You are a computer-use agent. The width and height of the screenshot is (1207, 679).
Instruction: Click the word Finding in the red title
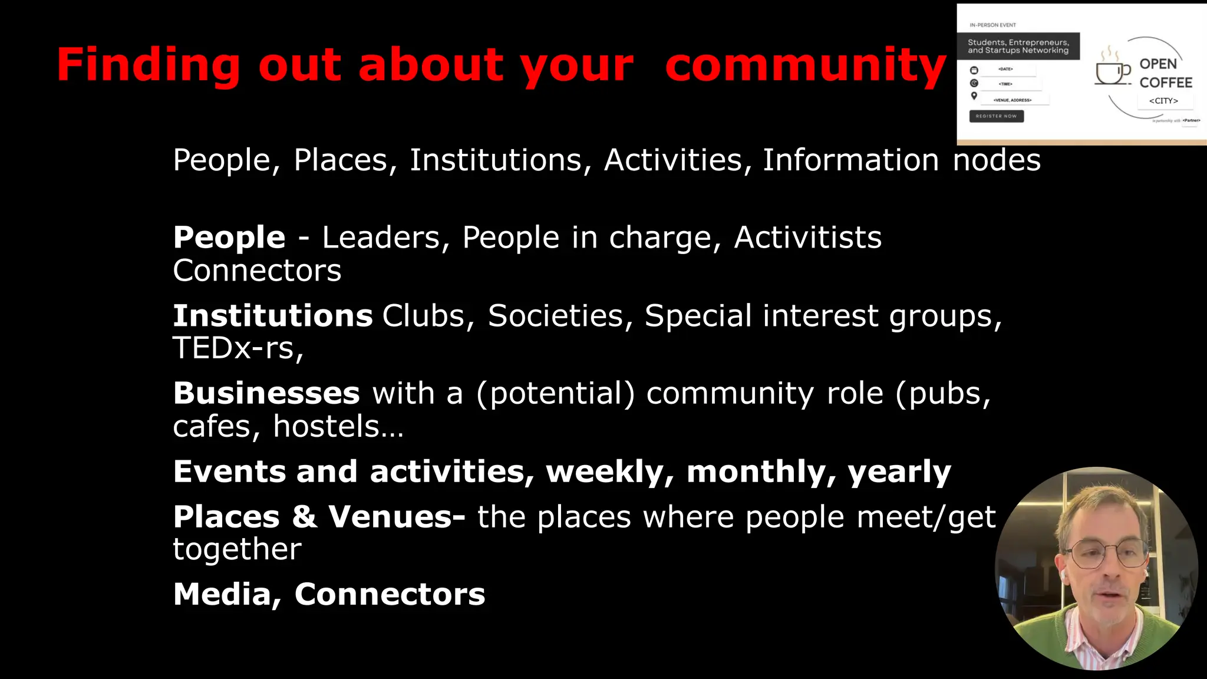pos(148,65)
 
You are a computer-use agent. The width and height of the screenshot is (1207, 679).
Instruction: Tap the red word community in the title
pos(805,65)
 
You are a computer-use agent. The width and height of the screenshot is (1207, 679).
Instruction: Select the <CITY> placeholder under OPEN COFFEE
pos(1163,101)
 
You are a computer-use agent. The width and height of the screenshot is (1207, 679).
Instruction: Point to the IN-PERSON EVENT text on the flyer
pos(992,25)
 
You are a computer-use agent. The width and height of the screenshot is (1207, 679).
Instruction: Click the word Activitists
pos(807,238)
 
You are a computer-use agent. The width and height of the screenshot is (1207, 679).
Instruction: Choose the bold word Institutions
pos(272,316)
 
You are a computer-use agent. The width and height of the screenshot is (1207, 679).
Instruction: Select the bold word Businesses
pos(266,393)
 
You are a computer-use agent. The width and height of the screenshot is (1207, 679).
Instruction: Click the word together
pos(237,549)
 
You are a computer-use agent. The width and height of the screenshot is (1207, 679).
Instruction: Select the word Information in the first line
pos(850,160)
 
